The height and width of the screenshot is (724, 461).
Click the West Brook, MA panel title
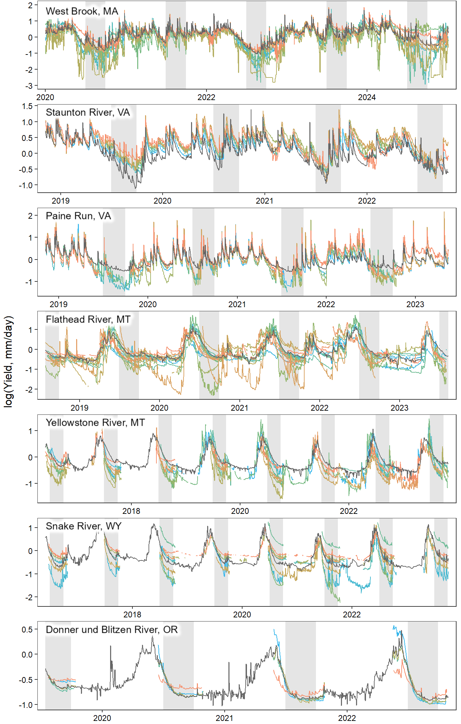point(82,11)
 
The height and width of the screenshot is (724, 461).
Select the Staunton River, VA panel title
point(88,112)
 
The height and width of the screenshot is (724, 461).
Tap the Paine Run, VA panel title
point(78,216)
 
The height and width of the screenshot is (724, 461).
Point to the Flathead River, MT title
point(88,319)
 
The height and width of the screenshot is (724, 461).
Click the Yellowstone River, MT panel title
point(95,423)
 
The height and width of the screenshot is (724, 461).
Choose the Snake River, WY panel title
point(84,526)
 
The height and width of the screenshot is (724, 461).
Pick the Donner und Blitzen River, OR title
point(112,630)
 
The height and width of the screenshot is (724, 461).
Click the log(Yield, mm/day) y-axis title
point(8,362)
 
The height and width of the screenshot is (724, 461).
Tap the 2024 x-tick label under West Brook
point(367,98)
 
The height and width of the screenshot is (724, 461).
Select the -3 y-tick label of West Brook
point(31,86)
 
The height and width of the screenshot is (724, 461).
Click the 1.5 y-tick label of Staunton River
point(27,106)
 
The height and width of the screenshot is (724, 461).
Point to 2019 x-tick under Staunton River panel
point(60,201)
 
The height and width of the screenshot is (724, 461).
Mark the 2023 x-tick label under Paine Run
point(415,304)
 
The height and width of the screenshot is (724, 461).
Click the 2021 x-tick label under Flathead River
point(239,408)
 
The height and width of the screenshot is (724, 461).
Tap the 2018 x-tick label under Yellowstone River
point(131,511)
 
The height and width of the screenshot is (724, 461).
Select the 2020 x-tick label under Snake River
point(242,615)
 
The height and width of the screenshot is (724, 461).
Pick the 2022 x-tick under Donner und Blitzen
point(347,718)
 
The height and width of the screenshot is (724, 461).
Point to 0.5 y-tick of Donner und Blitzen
point(27,630)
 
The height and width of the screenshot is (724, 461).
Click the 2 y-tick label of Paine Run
point(31,216)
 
